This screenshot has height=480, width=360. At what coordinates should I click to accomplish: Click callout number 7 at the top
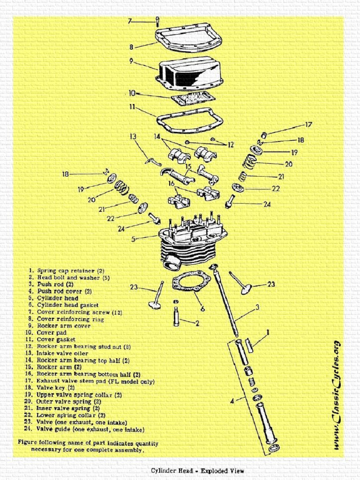click(x=130, y=21)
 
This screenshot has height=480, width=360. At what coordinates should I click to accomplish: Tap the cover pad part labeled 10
click(x=193, y=98)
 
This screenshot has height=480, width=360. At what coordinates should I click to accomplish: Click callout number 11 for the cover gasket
click(x=132, y=107)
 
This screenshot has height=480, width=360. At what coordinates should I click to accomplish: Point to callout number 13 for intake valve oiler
click(x=133, y=136)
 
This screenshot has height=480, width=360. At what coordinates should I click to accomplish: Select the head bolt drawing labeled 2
click(x=176, y=315)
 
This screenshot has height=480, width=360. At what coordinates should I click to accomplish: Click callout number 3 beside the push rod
click(x=257, y=307)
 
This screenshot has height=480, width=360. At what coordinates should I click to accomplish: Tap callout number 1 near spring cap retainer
click(x=268, y=331)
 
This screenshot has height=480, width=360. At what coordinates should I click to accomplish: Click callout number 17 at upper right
click(x=308, y=125)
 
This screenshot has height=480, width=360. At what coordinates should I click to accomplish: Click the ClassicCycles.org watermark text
click(x=336, y=396)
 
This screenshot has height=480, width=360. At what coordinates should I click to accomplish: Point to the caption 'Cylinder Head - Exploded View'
click(x=197, y=471)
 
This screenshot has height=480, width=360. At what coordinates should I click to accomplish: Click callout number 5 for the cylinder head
click(x=134, y=239)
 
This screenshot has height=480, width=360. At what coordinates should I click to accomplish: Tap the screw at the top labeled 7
click(x=157, y=21)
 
